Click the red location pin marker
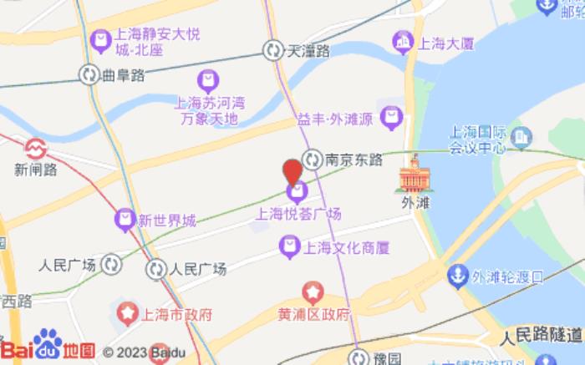tap(292, 170)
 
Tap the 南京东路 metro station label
tap(354, 158)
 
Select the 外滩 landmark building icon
tap(411, 176)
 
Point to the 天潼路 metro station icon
tap(272, 51)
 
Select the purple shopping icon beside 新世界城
tap(125, 221)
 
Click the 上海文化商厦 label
tap(338, 246)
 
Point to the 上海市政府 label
tap(175, 315)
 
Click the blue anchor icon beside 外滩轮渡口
tap(459, 274)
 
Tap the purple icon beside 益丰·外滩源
tap(391, 118)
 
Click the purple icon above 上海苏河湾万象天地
tap(206, 81)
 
